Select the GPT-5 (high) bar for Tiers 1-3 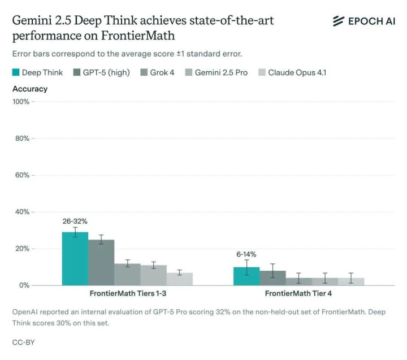pyautogui.click(x=101, y=263)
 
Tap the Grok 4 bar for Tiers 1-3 pyautogui.click(x=127, y=275)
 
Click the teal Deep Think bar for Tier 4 pyautogui.click(x=246, y=276)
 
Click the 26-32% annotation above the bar pyautogui.click(x=75, y=221)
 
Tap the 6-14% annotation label pyautogui.click(x=246, y=254)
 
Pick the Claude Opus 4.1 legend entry pyautogui.click(x=292, y=72)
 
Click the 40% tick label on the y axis pyautogui.click(x=22, y=212)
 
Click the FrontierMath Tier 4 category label pyautogui.click(x=298, y=294)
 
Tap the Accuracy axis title pyautogui.click(x=30, y=89)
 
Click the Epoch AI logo pyautogui.click(x=363, y=21)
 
